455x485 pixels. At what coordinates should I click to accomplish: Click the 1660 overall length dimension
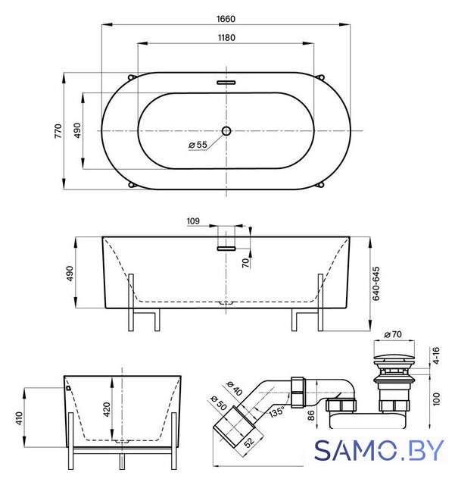coord(226,19)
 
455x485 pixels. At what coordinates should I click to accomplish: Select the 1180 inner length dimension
coord(226,37)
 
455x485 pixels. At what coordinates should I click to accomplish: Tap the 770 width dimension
coord(58,131)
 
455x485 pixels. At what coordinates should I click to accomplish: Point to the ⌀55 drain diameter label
coord(198,145)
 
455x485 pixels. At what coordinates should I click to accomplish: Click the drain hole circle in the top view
coord(226,131)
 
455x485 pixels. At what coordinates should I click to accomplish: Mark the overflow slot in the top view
coord(226,83)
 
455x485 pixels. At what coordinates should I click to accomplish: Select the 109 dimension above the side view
coord(193,221)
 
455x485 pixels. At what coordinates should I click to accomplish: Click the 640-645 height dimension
coord(376,283)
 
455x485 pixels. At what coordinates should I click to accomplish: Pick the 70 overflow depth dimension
coord(246,263)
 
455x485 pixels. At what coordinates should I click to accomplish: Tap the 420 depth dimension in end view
coord(107,409)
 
